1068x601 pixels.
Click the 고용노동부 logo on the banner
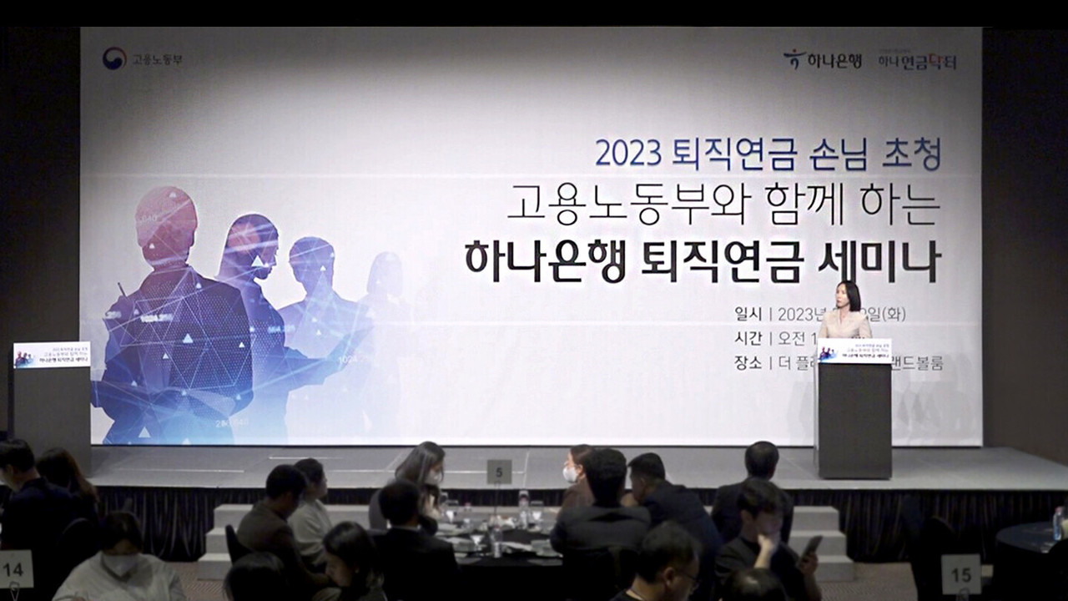pyautogui.click(x=142, y=59)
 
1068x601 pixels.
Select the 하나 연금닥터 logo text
pyautogui.click(x=916, y=61)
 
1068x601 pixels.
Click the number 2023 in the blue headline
pyautogui.click(x=627, y=154)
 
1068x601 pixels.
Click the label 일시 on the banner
pyautogui.click(x=748, y=315)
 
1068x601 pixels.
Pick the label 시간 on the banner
pyautogui.click(x=748, y=338)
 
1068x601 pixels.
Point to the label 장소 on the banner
pyautogui.click(x=748, y=363)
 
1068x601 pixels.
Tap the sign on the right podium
pyautogui.click(x=854, y=351)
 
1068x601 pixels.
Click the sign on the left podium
pyautogui.click(x=52, y=355)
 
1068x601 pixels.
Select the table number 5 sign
pyautogui.click(x=499, y=472)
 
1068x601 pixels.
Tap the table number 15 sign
pyautogui.click(x=961, y=574)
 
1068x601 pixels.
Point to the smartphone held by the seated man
pyautogui.click(x=811, y=545)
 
